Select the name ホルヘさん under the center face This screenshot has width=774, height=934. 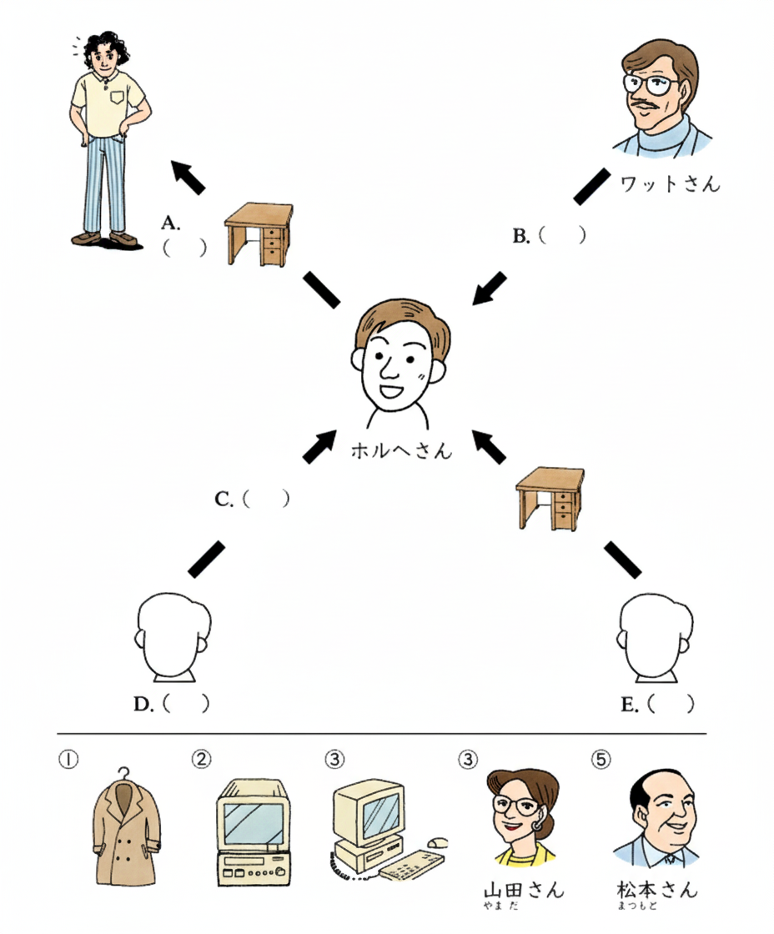(401, 451)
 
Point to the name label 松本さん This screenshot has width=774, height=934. (656, 889)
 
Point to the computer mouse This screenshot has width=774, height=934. (437, 843)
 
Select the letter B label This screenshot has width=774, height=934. (521, 236)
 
